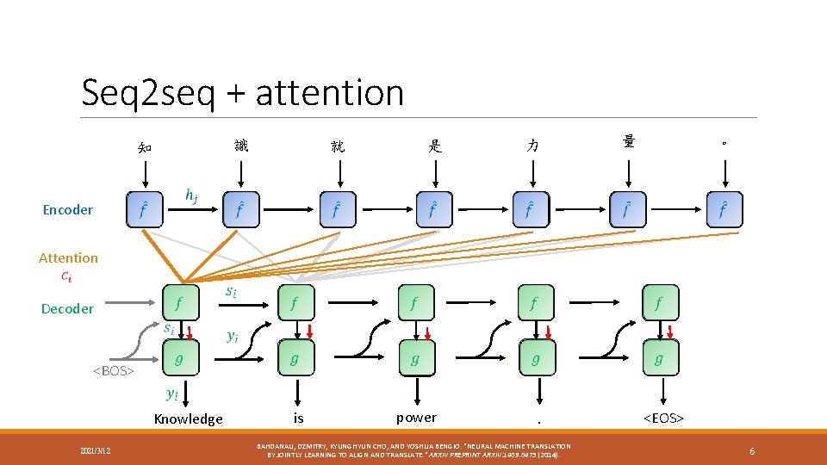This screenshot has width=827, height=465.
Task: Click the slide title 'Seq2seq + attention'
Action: click(x=242, y=92)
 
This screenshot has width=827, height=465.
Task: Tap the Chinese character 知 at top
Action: click(x=145, y=147)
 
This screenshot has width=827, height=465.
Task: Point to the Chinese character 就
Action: click(x=338, y=146)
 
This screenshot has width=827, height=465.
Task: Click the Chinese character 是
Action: click(x=435, y=146)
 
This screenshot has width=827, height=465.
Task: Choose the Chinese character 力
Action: click(x=532, y=146)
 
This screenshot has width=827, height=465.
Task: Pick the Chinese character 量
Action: click(x=630, y=142)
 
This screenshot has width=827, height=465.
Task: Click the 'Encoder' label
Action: click(x=68, y=209)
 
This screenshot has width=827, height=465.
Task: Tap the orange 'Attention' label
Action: click(x=68, y=257)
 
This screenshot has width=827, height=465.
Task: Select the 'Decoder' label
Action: click(x=68, y=308)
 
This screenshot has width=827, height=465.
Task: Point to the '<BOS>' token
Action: click(x=114, y=370)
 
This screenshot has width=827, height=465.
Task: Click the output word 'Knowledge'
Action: click(x=188, y=418)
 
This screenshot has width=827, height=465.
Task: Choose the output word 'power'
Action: click(x=416, y=417)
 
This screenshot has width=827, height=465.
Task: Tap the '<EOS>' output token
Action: click(x=663, y=418)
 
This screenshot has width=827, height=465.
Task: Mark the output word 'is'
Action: click(x=298, y=418)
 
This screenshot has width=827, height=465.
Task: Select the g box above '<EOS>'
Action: click(x=659, y=358)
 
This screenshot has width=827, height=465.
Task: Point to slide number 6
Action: click(x=752, y=450)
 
